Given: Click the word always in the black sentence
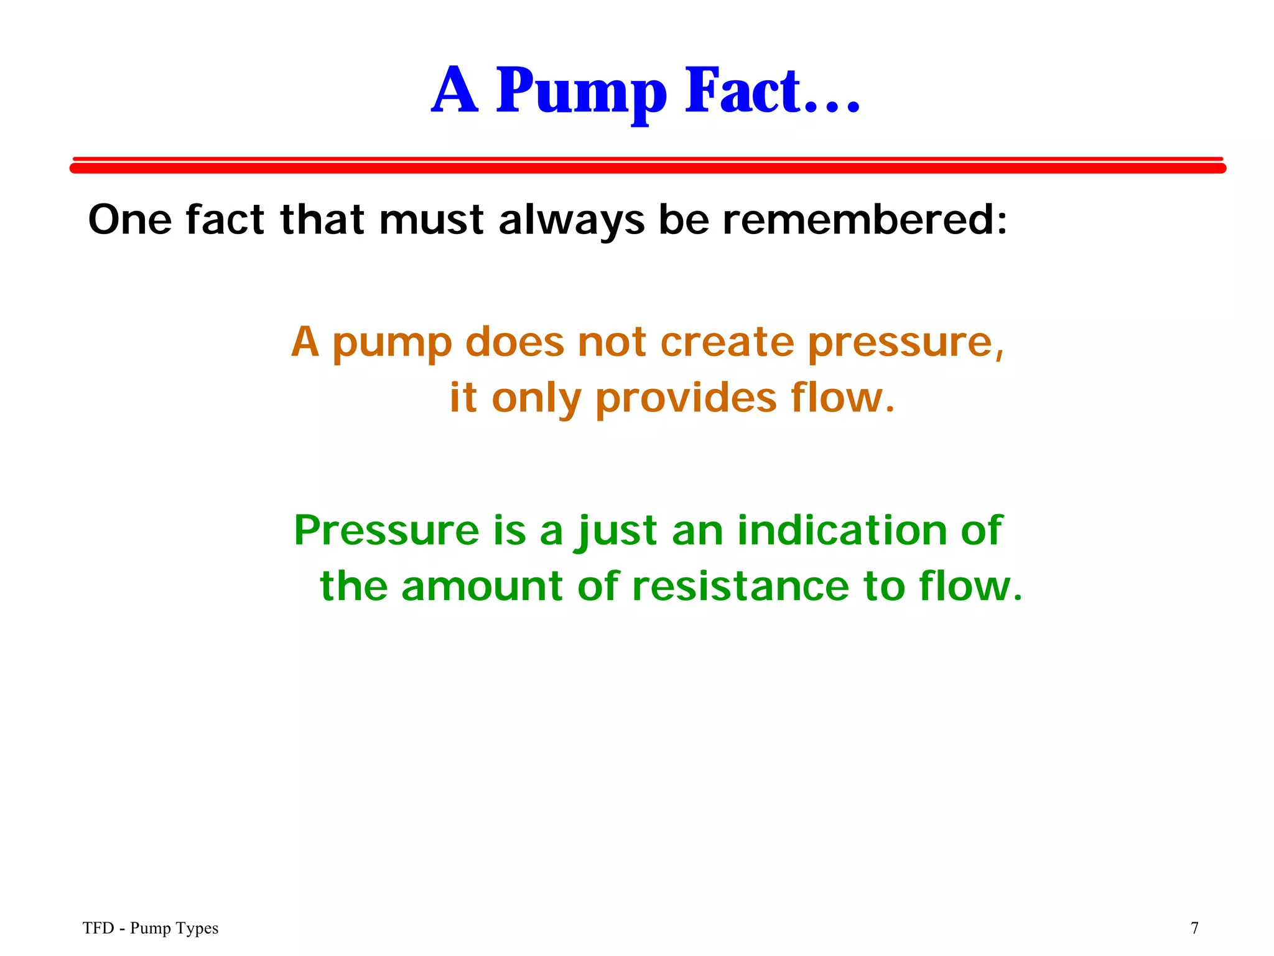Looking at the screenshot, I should coord(571,221).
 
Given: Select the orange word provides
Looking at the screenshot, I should coord(686,399).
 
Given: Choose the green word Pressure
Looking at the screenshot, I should coord(386,530).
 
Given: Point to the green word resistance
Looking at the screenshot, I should coord(740,586).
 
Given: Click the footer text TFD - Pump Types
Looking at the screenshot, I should coord(151,928).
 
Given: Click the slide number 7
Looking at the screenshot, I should coord(1194,928).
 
